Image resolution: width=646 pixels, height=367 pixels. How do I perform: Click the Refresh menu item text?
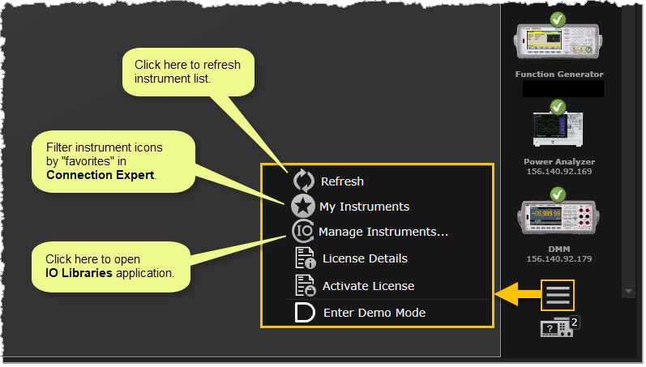tap(342, 181)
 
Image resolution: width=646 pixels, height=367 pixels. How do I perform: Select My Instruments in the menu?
tap(364, 207)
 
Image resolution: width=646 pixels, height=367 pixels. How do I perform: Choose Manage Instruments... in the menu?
tap(383, 232)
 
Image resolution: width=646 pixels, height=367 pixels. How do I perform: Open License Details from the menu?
tap(365, 258)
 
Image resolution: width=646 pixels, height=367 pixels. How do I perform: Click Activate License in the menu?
tap(368, 286)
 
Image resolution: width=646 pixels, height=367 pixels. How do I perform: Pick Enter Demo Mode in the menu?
tap(374, 313)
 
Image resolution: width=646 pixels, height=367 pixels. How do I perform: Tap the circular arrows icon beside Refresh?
tap(303, 181)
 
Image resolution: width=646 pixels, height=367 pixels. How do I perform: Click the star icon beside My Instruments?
tap(303, 207)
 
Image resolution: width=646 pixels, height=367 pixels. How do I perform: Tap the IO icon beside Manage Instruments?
tap(303, 232)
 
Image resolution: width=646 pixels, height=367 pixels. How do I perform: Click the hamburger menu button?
tap(558, 295)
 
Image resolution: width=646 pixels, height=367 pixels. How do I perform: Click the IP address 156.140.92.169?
tap(558, 172)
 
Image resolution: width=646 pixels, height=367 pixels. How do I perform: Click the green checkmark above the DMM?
tap(558, 194)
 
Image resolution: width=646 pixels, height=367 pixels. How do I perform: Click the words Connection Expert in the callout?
tap(100, 174)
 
